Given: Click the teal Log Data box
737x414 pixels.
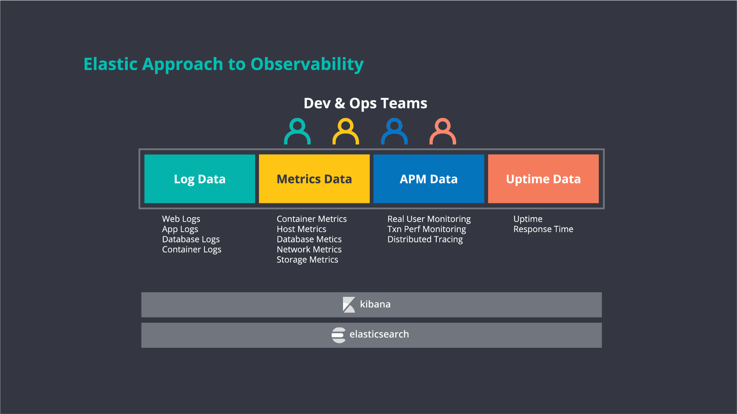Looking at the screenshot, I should coord(199,179).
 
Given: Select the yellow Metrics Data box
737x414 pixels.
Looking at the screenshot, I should coord(314,179).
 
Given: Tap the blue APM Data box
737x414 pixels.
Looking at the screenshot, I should coord(428,179).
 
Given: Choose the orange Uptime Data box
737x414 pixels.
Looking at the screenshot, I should coord(543,179).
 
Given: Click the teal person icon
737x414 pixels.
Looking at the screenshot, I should coord(297,132).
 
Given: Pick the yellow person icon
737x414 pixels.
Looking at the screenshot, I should coord(345,132).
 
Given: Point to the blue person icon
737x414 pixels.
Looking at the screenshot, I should coord(394,132).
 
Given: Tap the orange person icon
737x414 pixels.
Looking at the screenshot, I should coord(443,132).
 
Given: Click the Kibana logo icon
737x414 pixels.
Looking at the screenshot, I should coord(349,305).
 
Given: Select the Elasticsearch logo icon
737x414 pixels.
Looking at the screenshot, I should coord(339,335).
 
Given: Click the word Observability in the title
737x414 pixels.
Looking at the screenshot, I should coord(307,64).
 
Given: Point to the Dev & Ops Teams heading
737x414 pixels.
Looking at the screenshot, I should coord(365,103).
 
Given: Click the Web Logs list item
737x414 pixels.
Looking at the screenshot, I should coord(181,219).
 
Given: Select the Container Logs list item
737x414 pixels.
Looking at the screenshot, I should coord(192,249).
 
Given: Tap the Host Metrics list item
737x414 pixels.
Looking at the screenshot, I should coord(301,229).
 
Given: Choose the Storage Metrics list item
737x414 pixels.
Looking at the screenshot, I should coord(307,259).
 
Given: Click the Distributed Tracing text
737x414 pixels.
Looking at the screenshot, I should coord(425,239).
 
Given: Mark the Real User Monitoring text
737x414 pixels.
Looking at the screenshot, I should coord(429,219).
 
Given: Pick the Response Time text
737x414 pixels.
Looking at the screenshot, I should coord(543,229).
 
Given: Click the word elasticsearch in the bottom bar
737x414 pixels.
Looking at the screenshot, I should coord(379,334).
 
